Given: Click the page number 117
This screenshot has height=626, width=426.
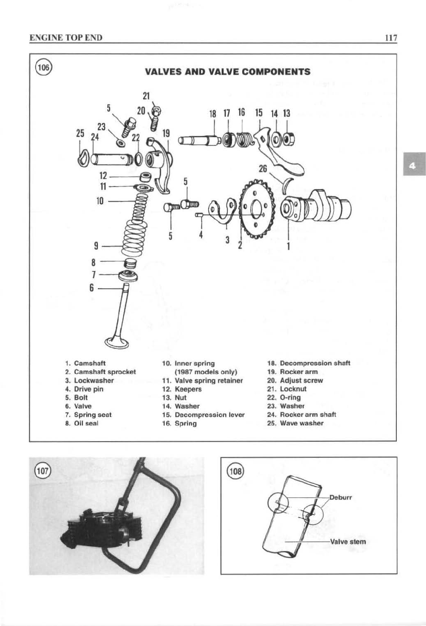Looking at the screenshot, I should tap(390, 38).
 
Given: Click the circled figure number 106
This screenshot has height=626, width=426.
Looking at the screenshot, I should tap(43, 67).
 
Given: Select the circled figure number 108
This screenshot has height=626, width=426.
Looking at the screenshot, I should tap(235, 473).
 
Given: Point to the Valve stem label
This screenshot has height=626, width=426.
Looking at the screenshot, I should tap(348, 542).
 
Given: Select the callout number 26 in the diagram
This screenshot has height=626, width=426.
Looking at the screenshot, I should tap(263, 169).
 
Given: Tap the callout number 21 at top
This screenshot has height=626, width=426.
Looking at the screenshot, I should tap(146, 96).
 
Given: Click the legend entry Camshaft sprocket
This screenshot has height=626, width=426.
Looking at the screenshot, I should tap(104, 372).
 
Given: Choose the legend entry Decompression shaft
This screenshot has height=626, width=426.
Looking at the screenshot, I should tap(314, 363).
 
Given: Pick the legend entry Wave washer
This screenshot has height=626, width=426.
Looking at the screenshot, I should tap(301, 423).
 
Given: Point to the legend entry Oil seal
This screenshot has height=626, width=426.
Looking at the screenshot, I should tap(86, 423).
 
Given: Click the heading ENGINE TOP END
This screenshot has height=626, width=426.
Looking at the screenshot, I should tap(66, 38).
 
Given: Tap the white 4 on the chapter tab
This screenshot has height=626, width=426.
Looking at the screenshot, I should tap(412, 164).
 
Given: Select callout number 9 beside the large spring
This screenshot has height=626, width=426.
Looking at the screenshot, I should tap(96, 246).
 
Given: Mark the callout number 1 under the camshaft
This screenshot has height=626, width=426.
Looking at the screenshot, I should tap(289, 246).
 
